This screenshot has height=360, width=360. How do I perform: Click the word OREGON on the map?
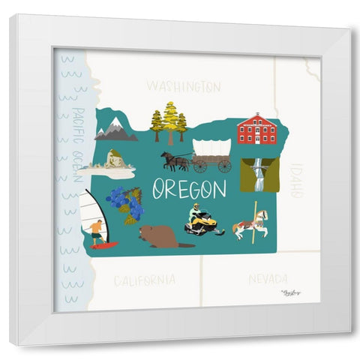click(189, 189)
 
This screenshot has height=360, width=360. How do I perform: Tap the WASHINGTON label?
click(184, 87)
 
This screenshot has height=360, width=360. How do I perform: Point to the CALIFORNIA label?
click(145, 280)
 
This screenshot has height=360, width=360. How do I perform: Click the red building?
click(256, 129)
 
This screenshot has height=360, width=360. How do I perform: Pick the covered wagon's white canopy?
click(211, 148)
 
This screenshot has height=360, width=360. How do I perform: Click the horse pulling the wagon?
click(175, 160)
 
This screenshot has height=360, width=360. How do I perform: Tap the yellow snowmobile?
click(202, 223)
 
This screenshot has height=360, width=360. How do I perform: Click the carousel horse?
click(250, 224)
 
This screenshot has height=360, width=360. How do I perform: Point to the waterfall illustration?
click(259, 174)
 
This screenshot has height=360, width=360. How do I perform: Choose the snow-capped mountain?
click(115, 130)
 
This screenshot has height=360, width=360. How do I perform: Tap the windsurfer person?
click(97, 233)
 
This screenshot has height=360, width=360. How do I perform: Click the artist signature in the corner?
click(291, 292)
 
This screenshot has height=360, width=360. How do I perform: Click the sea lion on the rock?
click(114, 159)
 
